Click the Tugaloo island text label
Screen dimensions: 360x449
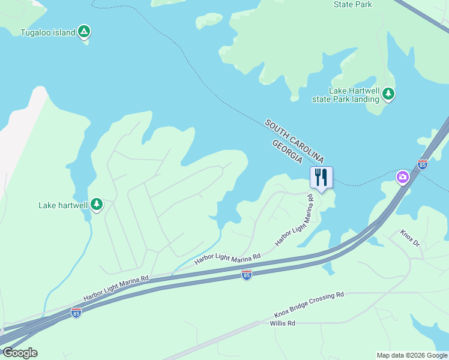(47, 32)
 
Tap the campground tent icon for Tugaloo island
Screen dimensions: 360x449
(85, 32)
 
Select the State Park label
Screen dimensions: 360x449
(352, 5)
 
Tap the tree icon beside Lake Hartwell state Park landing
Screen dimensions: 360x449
(388, 94)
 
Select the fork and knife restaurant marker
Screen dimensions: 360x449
(321, 178)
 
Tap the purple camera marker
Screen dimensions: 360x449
(402, 177)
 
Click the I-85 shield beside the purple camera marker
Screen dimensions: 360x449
(423, 164)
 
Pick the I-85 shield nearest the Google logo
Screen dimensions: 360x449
(76, 313)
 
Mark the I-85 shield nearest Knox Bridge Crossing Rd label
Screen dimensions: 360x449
(246, 274)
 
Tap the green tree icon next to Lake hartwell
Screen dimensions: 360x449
(97, 205)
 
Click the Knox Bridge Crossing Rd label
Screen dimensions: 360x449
(309, 305)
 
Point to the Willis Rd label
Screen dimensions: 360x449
(283, 323)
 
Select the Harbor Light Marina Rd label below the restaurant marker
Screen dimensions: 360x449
(295, 220)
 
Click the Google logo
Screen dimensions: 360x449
(20, 353)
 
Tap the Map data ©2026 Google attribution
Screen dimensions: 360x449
(412, 355)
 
